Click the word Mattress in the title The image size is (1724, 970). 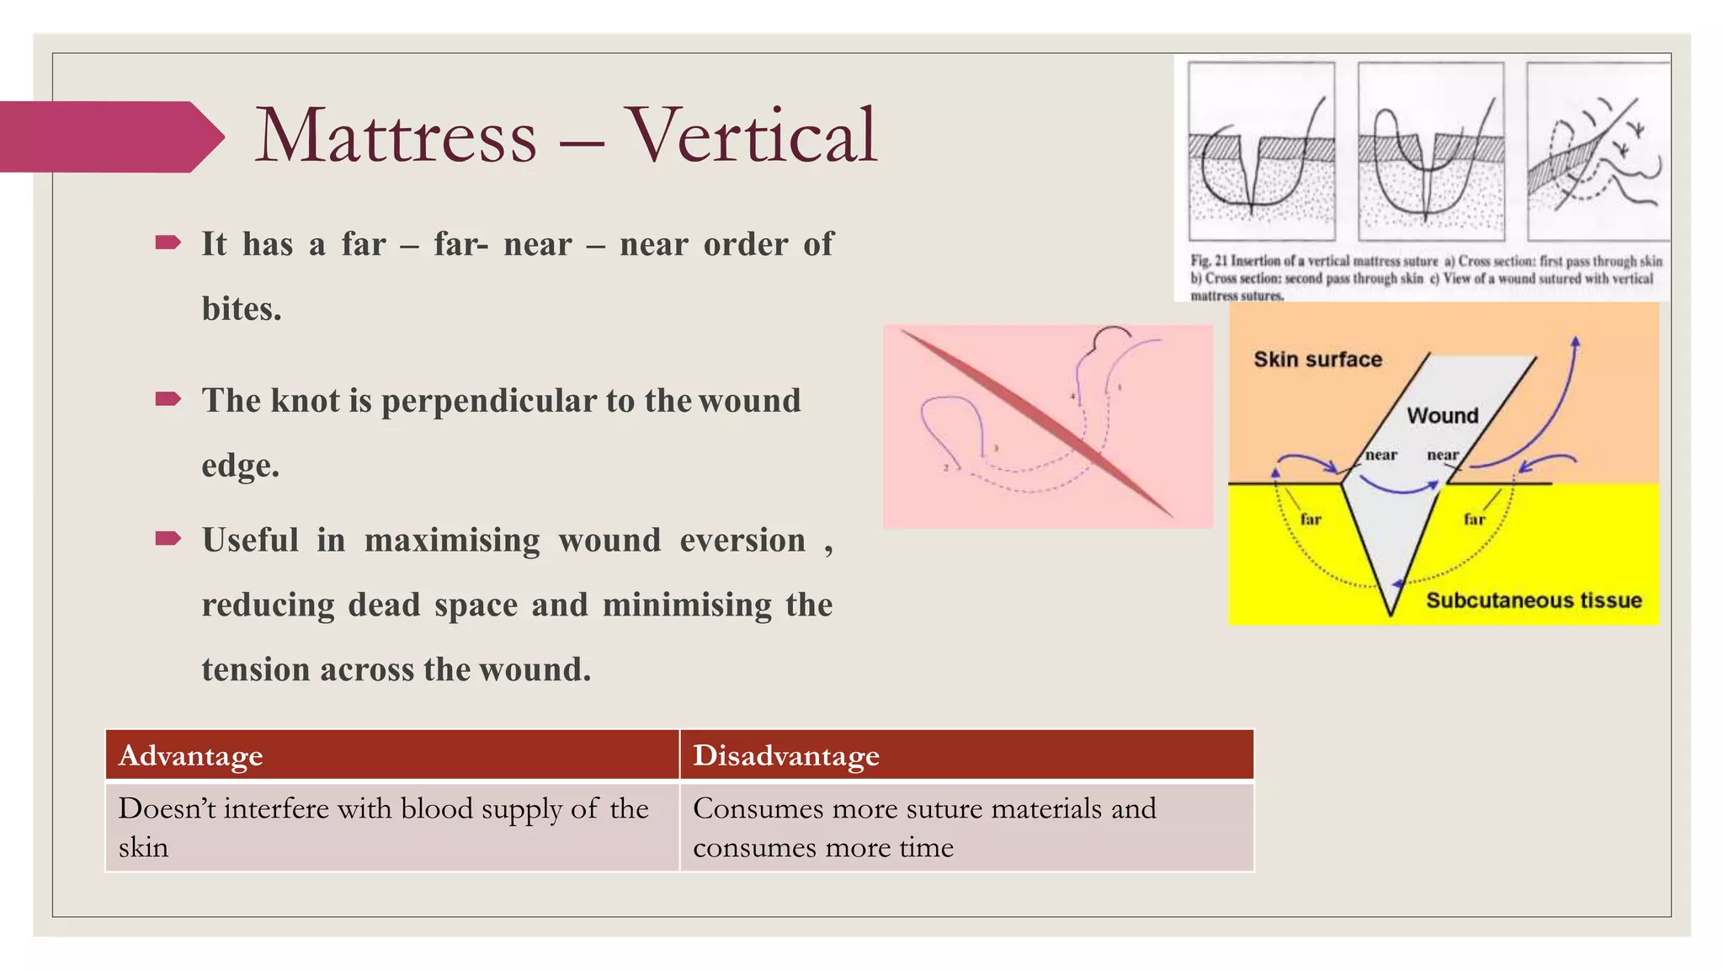[396, 136]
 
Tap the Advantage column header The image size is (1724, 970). [191, 755]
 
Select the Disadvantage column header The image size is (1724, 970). [785, 755]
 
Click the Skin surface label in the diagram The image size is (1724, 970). [1317, 360]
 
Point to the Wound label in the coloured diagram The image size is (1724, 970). [1442, 415]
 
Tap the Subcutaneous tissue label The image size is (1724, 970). [1533, 600]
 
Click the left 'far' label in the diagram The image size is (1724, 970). [1311, 520]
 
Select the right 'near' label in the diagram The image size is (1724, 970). [1442, 455]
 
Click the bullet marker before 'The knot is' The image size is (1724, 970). [168, 399]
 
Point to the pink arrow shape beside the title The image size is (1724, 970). [109, 136]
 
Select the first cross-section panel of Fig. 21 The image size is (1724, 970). [1261, 152]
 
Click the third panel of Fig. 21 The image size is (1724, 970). [1597, 152]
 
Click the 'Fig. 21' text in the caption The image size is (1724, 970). [1209, 261]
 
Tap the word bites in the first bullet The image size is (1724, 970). [241, 309]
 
